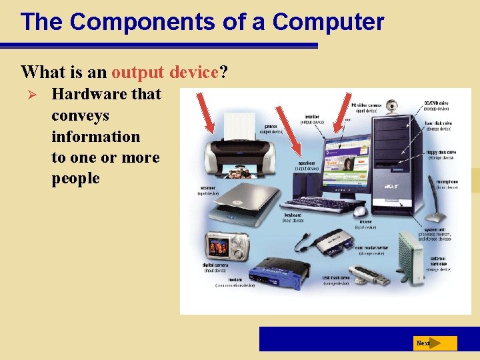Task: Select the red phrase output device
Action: coord(165,71)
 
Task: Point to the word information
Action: coord(95,137)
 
